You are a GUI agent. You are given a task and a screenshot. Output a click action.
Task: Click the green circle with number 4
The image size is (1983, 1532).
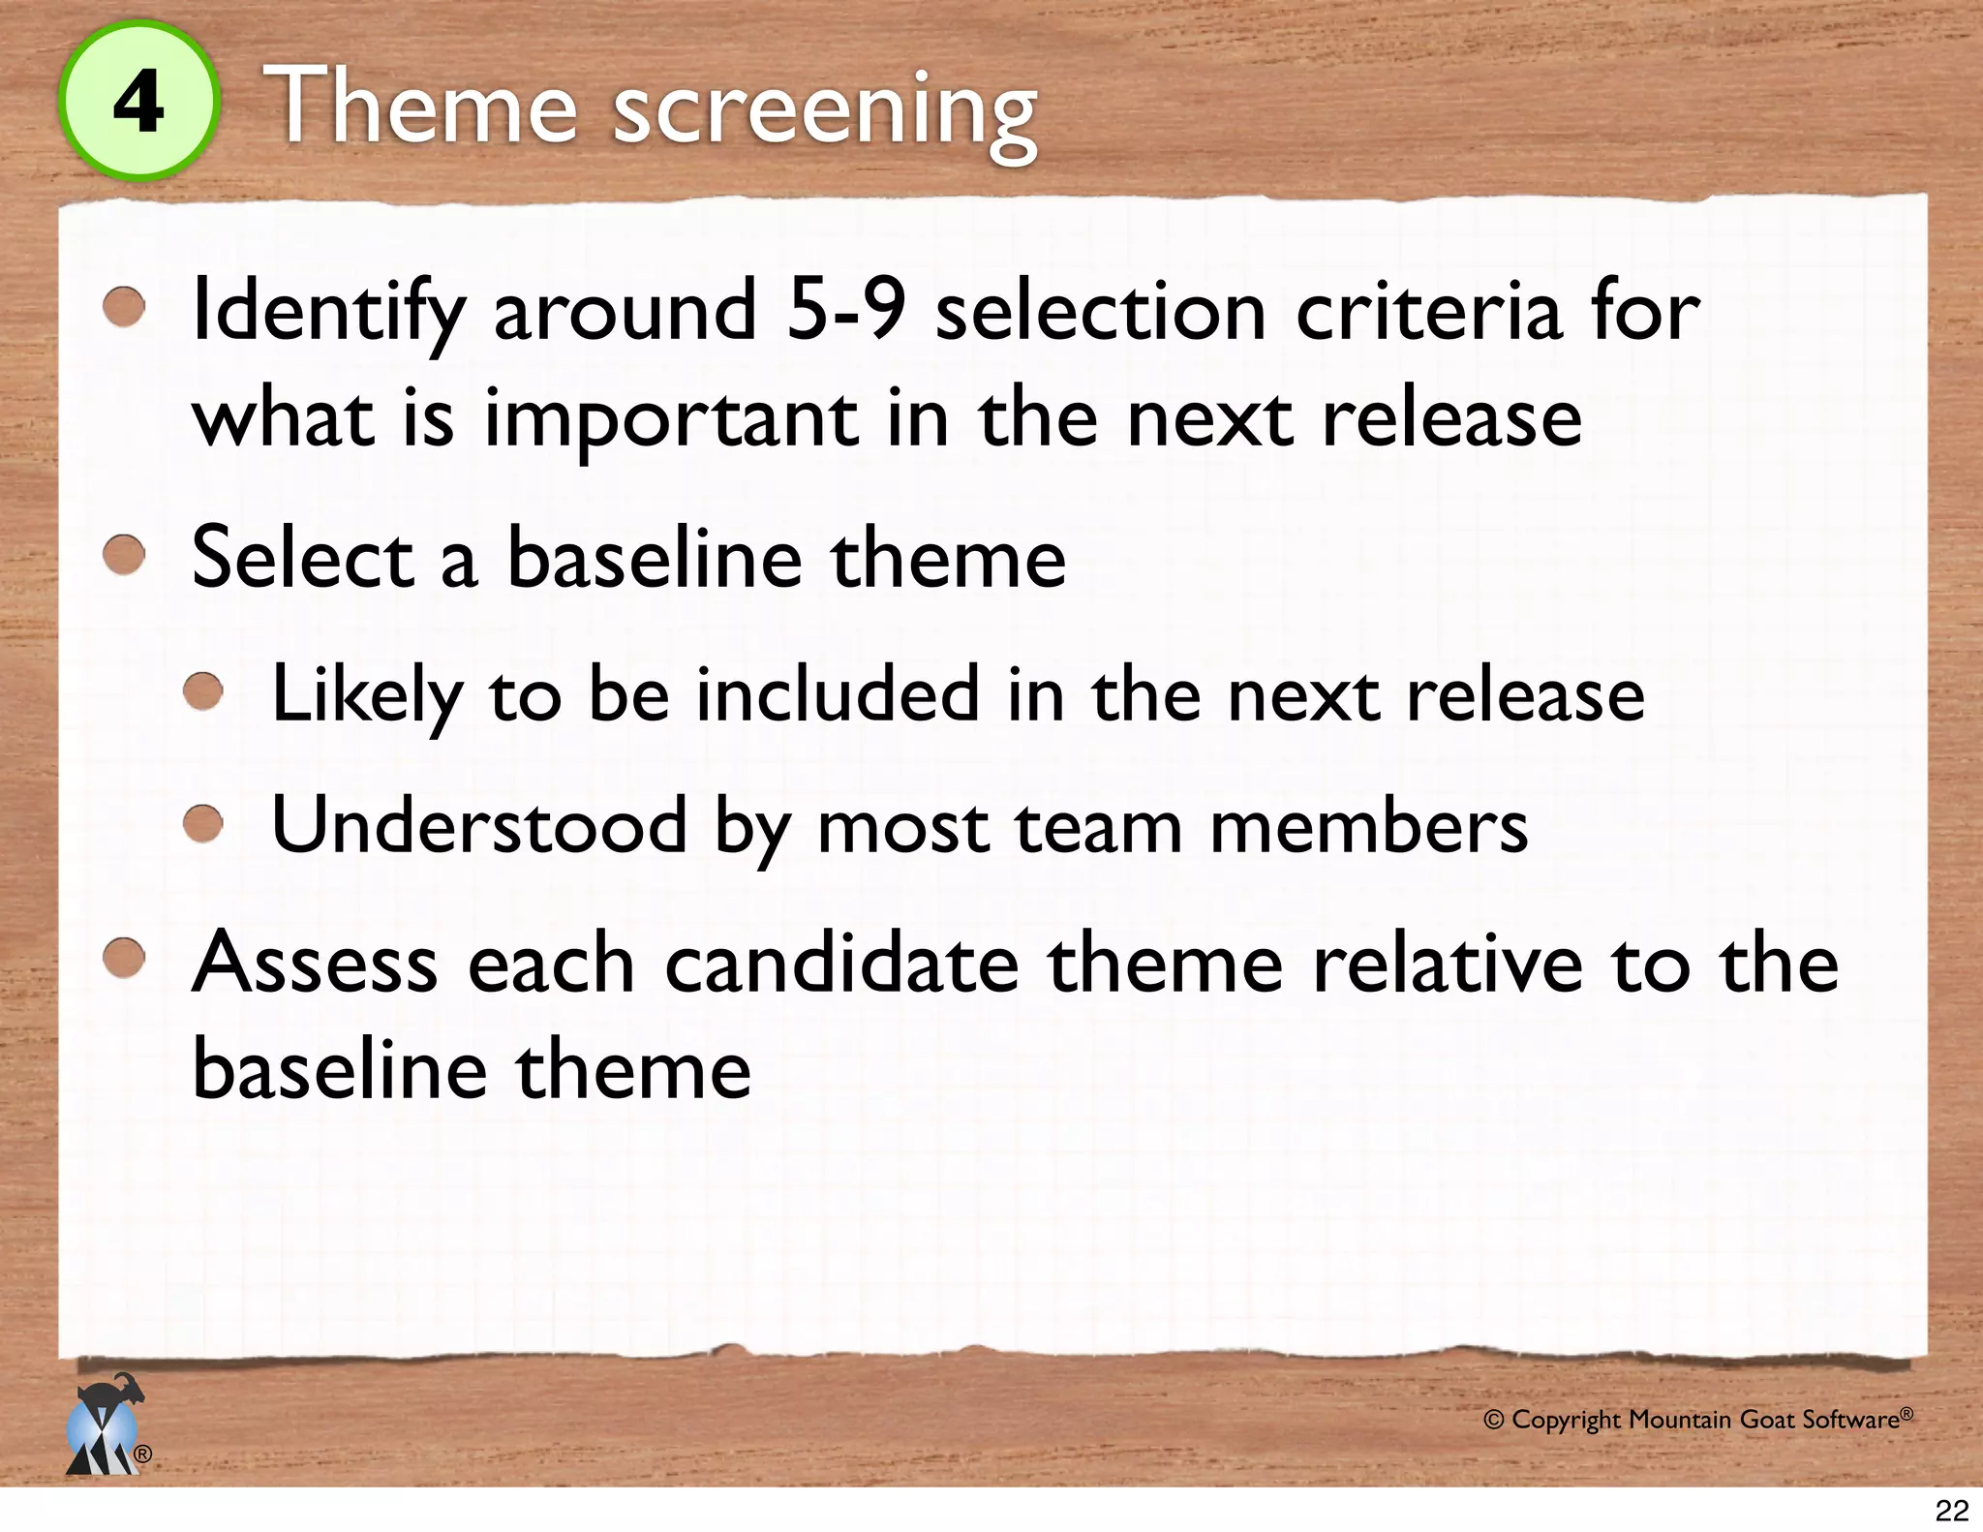click(x=138, y=102)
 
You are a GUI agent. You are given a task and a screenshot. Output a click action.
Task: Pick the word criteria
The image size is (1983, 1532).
click(x=1429, y=312)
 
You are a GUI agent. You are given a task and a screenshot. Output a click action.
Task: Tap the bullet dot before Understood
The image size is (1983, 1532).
click(x=203, y=825)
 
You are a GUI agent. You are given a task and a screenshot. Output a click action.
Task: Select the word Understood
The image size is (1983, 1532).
click(x=479, y=825)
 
